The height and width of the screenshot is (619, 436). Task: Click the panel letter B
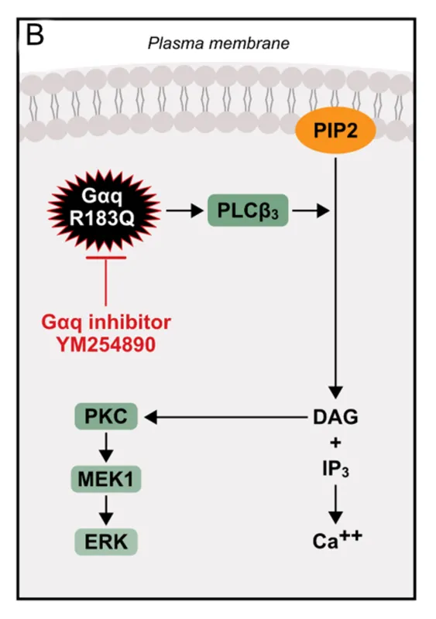pyautogui.click(x=35, y=35)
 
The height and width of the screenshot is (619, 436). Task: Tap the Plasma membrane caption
pyautogui.click(x=218, y=43)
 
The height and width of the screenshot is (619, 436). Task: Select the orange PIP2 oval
pyautogui.click(x=335, y=130)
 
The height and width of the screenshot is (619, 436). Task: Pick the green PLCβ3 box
pyautogui.click(x=248, y=210)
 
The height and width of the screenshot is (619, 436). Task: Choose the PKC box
pyautogui.click(x=106, y=416)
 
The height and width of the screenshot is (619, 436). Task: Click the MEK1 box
pyautogui.click(x=106, y=479)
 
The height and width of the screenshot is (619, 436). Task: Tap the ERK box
pyautogui.click(x=106, y=542)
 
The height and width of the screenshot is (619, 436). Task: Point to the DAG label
pyautogui.click(x=335, y=417)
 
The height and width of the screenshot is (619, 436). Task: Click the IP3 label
pyautogui.click(x=335, y=469)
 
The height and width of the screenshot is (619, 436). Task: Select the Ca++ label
pyautogui.click(x=337, y=540)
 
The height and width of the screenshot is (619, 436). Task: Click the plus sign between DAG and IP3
pyautogui.click(x=335, y=443)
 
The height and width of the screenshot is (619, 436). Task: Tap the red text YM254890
pyautogui.click(x=106, y=344)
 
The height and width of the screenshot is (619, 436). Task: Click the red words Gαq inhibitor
pyautogui.click(x=106, y=322)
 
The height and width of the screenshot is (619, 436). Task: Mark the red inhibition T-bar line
pyautogui.click(x=106, y=281)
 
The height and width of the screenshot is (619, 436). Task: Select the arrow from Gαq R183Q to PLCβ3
pyautogui.click(x=184, y=210)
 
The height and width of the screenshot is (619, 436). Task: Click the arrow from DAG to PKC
pyautogui.click(x=226, y=417)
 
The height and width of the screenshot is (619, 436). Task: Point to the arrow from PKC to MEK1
pyautogui.click(x=106, y=448)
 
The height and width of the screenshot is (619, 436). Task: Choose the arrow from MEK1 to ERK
pyautogui.click(x=106, y=511)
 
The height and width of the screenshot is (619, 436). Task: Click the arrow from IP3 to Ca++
pyautogui.click(x=335, y=504)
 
